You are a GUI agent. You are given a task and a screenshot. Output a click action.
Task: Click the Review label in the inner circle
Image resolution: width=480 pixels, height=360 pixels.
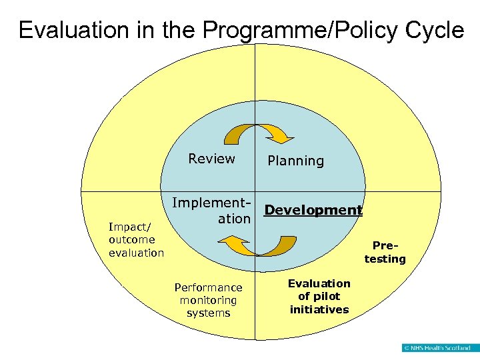(211, 159)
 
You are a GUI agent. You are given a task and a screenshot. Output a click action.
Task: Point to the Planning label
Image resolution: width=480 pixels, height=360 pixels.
(295, 161)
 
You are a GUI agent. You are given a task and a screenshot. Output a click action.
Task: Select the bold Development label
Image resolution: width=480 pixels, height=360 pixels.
(313, 210)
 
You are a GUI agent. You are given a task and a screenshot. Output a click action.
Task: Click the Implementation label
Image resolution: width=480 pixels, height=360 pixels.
(212, 210)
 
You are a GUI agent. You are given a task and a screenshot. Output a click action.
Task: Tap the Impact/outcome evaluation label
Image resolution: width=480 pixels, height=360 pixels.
(136, 239)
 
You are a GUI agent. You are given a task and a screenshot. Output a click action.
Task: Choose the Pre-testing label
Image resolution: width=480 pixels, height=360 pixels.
(385, 252)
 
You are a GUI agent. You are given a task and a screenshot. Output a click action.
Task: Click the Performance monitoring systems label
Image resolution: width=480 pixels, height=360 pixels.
(208, 300)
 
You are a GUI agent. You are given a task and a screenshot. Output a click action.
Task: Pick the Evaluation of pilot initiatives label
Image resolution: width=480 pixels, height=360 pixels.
(319, 296)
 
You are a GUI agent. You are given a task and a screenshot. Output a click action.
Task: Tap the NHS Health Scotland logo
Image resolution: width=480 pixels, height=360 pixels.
(436, 347)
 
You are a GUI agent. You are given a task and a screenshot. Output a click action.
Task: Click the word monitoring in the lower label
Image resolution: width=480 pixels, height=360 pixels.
(208, 300)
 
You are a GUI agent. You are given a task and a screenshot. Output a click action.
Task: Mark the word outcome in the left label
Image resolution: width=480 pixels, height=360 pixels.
(132, 239)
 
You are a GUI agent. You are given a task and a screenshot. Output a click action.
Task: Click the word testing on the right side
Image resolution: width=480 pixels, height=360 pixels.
(385, 259)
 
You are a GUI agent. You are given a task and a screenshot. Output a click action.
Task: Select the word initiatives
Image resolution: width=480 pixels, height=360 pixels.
(319, 309)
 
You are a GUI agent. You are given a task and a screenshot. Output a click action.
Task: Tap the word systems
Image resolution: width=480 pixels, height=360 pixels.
(208, 313)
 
